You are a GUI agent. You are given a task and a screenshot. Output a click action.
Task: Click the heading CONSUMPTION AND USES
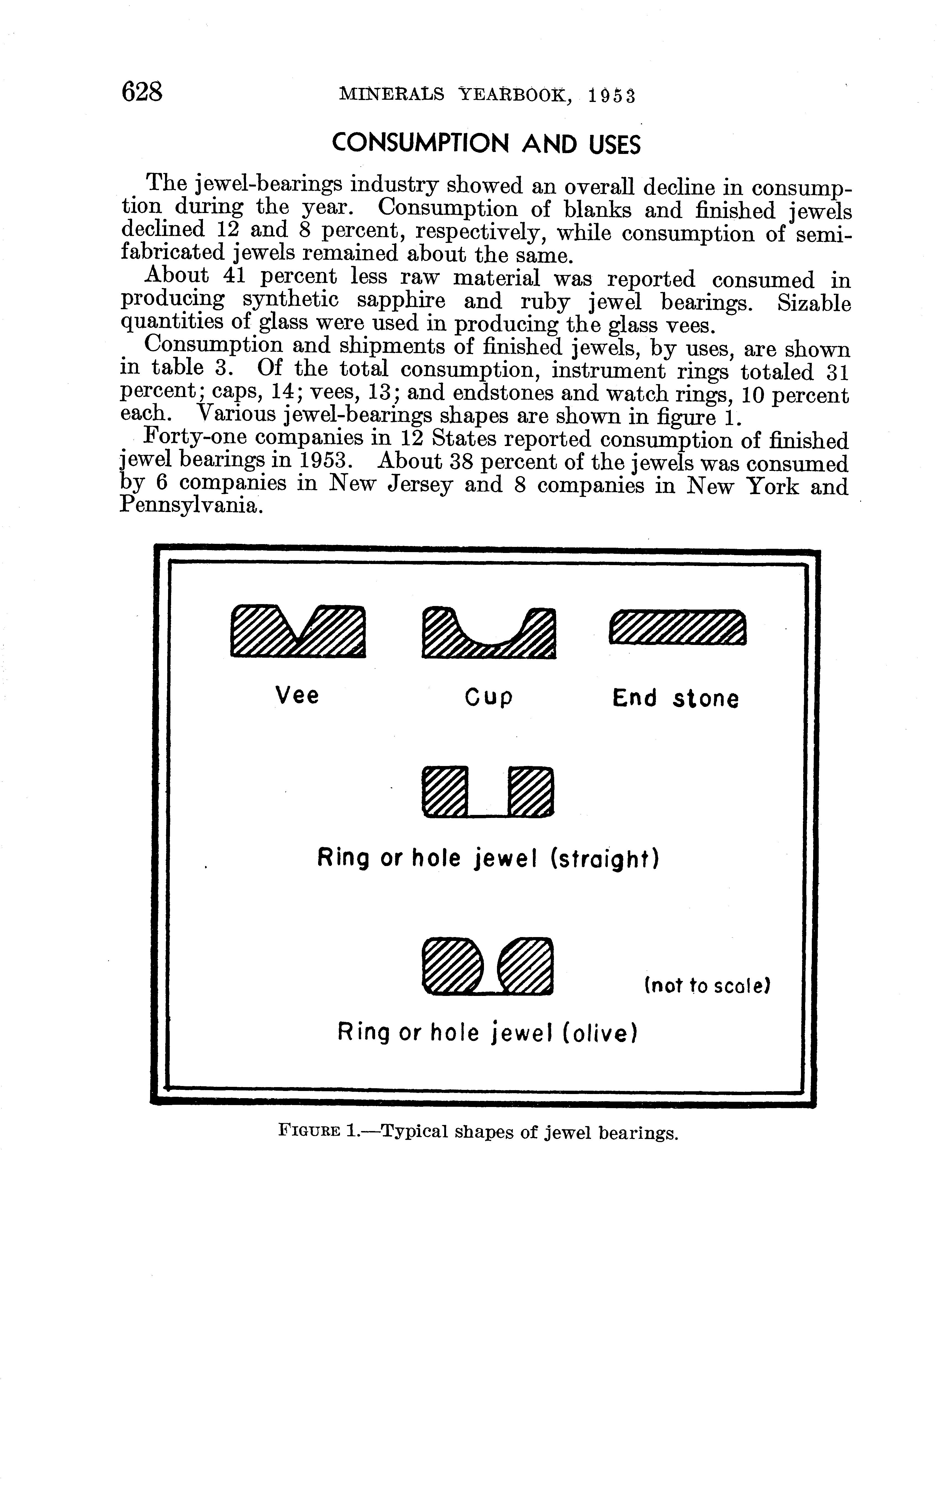[486, 144]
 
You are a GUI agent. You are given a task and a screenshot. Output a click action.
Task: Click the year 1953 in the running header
[611, 95]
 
